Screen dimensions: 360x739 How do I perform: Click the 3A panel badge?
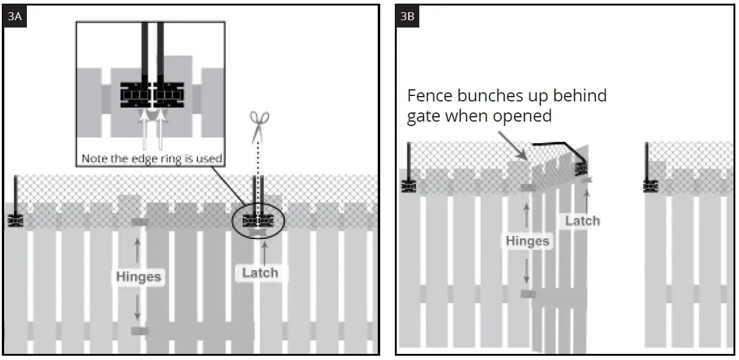15,17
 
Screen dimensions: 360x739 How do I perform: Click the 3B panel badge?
407,17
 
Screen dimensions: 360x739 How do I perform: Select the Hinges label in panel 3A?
139,277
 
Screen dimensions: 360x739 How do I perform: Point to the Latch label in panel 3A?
260,273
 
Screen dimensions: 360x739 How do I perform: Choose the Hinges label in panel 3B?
527,241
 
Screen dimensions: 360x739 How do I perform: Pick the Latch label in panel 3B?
582,221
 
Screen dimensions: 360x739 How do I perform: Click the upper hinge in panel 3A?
140,222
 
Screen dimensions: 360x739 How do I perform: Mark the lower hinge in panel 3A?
139,331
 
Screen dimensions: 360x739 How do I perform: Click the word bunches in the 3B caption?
489,96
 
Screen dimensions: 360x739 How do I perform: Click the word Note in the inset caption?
95,159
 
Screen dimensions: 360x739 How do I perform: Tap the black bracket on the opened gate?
579,167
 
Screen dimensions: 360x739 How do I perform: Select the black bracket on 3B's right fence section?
650,183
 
